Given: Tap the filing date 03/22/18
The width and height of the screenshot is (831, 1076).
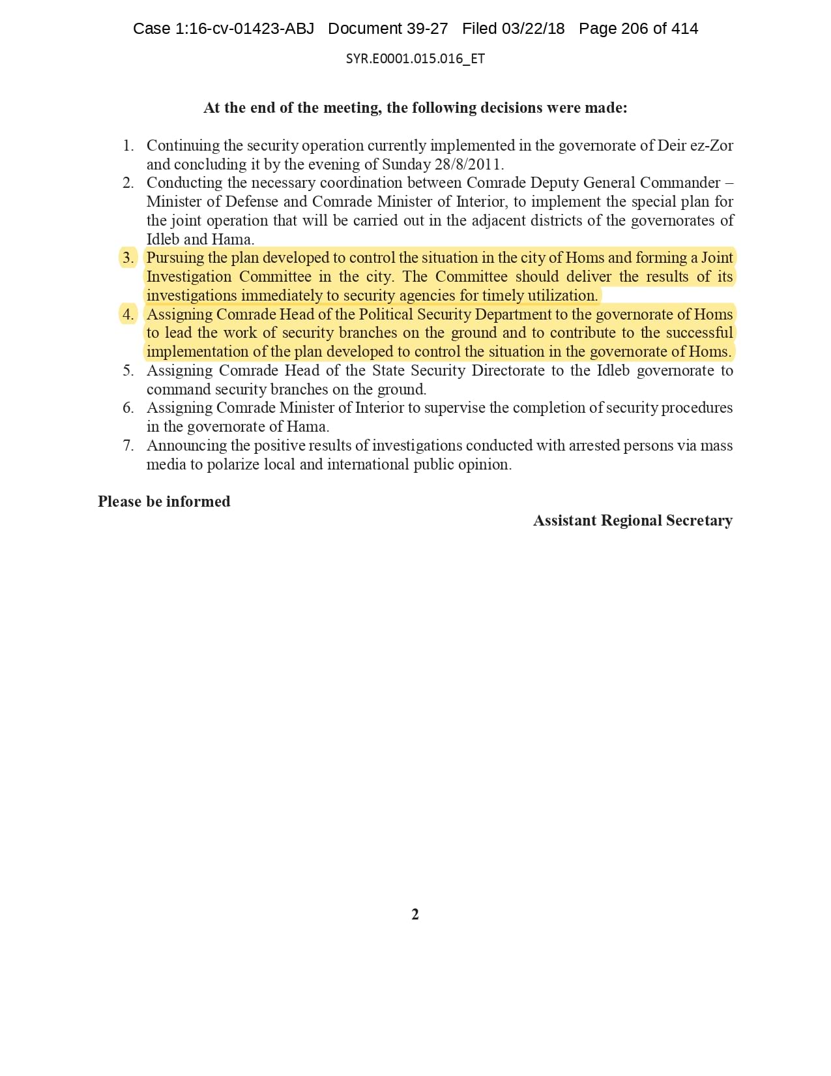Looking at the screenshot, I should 533,29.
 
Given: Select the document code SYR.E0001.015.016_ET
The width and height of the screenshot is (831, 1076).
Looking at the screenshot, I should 415,59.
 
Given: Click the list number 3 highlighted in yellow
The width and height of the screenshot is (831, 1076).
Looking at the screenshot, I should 128,258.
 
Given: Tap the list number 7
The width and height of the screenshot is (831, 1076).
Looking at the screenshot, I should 128,446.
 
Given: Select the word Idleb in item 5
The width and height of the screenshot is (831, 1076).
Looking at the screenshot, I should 613,371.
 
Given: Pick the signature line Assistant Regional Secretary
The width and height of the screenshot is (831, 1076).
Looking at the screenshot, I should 632,521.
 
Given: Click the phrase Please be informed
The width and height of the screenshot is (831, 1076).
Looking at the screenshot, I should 164,502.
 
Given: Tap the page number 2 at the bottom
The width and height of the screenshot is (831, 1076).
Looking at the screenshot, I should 415,915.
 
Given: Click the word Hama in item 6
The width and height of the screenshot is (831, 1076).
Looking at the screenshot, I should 307,427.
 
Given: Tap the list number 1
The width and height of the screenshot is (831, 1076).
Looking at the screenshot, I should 128,145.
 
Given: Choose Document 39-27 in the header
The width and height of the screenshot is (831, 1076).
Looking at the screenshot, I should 388,29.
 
